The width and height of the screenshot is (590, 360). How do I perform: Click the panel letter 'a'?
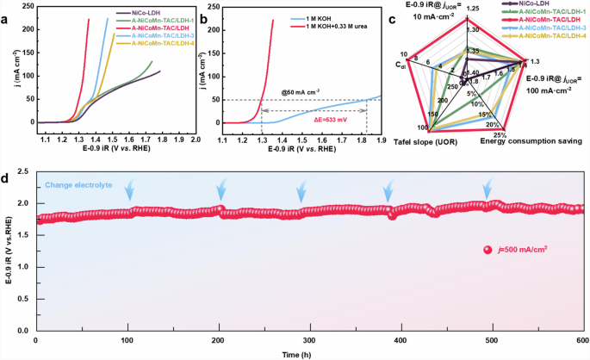tap(6, 13)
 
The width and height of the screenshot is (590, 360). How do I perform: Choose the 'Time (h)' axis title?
tap(310, 353)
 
